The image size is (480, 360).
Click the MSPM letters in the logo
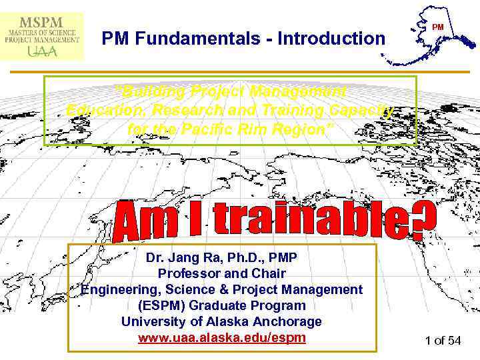[x=42, y=19]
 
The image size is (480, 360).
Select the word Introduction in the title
[x=333, y=39]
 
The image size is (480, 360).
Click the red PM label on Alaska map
[x=437, y=27]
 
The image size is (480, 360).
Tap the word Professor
[x=190, y=273]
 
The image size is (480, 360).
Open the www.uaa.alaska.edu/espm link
[x=222, y=338]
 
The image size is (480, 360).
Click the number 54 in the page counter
[x=453, y=341]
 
